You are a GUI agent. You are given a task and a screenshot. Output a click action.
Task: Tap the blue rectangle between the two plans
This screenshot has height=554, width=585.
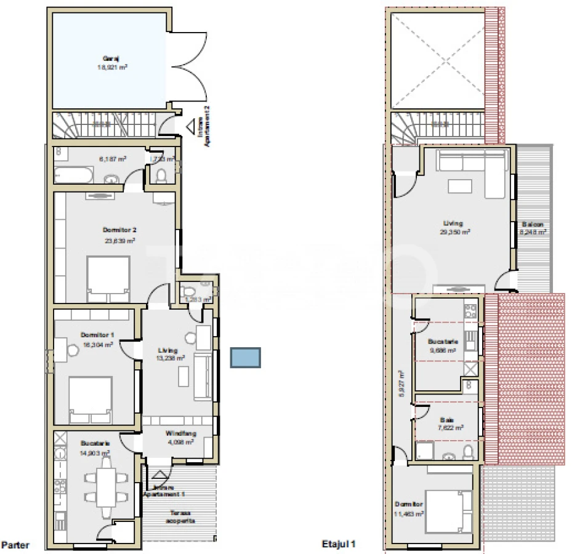[245, 358]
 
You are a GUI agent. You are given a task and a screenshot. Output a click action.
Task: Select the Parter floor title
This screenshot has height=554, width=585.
[15, 545]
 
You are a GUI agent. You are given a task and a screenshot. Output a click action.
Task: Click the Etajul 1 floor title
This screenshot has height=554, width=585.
[339, 544]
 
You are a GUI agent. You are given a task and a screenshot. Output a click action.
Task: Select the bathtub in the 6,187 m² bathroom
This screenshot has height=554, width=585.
[73, 175]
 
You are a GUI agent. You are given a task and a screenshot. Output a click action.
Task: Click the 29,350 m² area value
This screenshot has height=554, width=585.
[456, 233]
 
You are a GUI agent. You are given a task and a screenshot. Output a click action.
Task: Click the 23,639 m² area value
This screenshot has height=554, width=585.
[119, 241]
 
